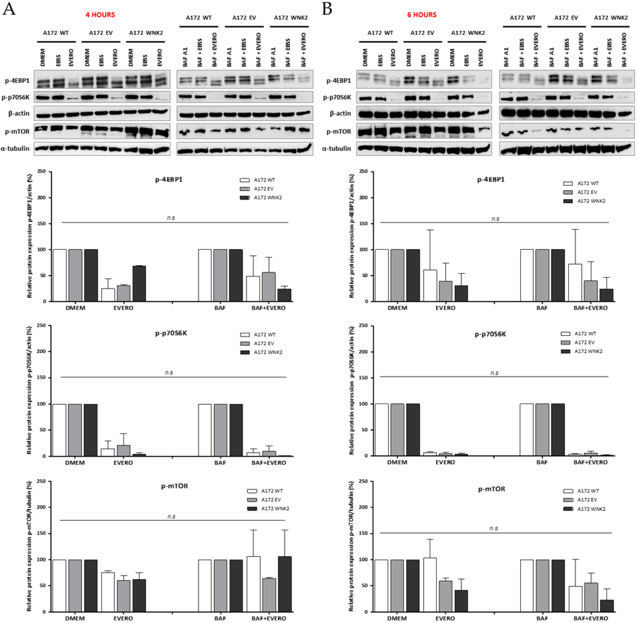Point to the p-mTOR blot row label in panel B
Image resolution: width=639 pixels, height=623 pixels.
pyautogui.click(x=339, y=132)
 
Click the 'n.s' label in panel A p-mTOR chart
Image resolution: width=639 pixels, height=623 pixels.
pyautogui.click(x=171, y=516)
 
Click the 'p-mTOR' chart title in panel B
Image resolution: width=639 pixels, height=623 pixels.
pyautogui.click(x=491, y=489)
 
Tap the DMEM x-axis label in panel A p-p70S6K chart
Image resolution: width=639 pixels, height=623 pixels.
pyautogui.click(x=75, y=463)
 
